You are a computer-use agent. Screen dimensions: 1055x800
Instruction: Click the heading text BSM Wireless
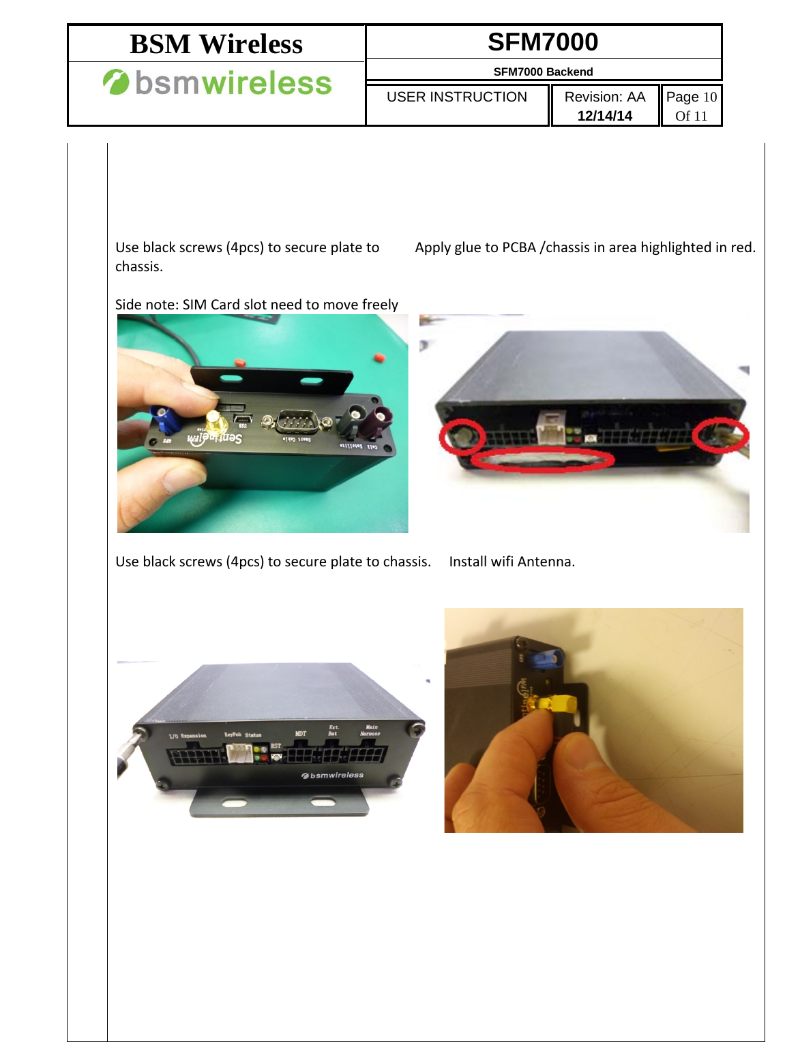pyautogui.click(x=216, y=44)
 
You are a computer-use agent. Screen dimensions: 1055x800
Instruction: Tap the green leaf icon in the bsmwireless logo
pyautogui.click(x=115, y=82)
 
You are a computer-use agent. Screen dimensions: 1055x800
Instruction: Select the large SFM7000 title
pyautogui.click(x=543, y=42)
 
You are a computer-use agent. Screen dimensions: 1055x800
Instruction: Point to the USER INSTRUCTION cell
pyautogui.click(x=456, y=97)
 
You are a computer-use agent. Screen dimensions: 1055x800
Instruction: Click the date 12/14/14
pyautogui.click(x=604, y=116)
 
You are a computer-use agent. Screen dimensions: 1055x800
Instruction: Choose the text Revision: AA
pyautogui.click(x=604, y=97)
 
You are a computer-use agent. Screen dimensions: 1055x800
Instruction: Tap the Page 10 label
pyautogui.click(x=691, y=97)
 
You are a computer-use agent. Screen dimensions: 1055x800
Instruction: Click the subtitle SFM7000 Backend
pyautogui.click(x=543, y=72)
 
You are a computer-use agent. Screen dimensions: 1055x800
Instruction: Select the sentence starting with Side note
pyautogui.click(x=256, y=305)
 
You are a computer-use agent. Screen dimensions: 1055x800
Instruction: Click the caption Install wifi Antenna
pyautogui.click(x=512, y=562)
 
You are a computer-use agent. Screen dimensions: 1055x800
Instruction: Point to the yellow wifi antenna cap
pyautogui.click(x=558, y=703)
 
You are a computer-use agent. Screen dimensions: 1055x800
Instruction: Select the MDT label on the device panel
pyautogui.click(x=300, y=734)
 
